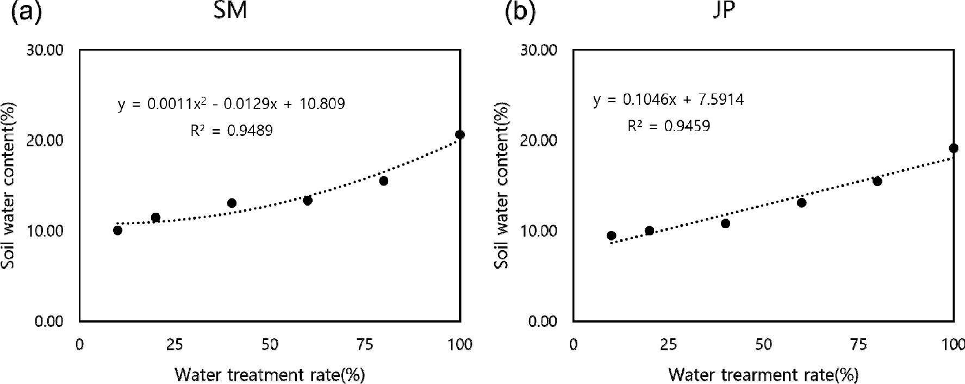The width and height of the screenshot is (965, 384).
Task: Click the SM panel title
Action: pos(230,11)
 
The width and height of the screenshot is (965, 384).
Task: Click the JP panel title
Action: pos(723,11)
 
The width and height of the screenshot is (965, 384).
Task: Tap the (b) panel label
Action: pos(520,12)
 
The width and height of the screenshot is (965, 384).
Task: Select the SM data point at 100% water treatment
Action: pos(460,134)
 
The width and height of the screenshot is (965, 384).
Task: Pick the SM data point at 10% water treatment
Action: pos(117,230)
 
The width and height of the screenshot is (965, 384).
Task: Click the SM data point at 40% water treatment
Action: pos(232,203)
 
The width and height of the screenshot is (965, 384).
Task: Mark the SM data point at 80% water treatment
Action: pos(383,181)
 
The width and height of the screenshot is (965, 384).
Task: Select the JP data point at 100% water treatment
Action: pos(953,148)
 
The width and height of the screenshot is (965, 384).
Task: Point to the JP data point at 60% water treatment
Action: pos(801,202)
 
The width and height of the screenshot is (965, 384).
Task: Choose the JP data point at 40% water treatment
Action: pos(725,223)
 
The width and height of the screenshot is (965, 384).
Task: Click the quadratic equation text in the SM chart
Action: pos(231,103)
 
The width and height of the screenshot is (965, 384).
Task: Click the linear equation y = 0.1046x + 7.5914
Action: pos(668,100)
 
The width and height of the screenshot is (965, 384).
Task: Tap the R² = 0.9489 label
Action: pos(231,131)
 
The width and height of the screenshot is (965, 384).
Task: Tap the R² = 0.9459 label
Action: pos(668,126)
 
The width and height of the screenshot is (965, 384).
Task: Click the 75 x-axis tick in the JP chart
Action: pos(858,345)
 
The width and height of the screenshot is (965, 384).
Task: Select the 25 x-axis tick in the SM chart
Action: pos(174,345)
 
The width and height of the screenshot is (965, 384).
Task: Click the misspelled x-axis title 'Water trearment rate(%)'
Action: pos(763,375)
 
